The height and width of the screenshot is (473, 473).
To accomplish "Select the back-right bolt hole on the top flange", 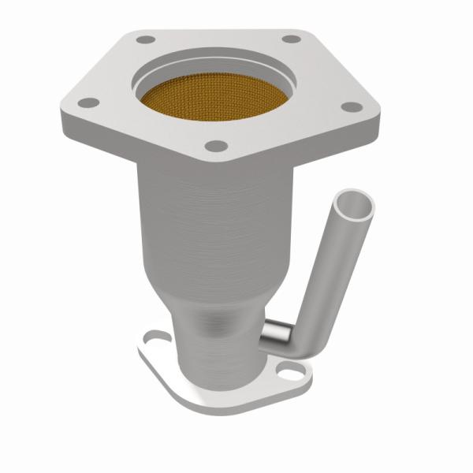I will [291, 38].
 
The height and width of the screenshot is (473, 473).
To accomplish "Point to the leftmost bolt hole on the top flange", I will [88, 102].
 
